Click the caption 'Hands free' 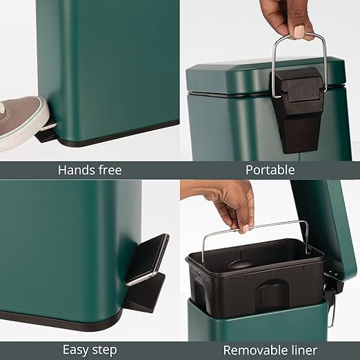[x=90, y=170]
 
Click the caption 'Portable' [x=270, y=170]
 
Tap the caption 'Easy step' [x=90, y=348]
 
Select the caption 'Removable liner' [x=270, y=348]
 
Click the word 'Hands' [x=75, y=170]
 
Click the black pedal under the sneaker [x=47, y=133]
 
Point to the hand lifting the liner [x=231, y=203]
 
